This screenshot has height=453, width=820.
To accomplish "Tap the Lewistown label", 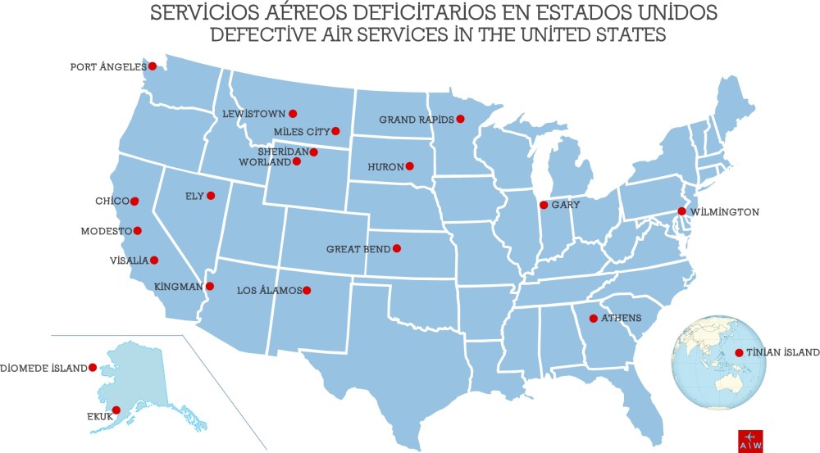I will point(253,114).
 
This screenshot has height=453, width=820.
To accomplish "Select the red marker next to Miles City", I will point(335,130).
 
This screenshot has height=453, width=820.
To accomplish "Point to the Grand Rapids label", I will point(416,120).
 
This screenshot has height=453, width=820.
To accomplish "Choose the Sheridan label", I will point(282,152).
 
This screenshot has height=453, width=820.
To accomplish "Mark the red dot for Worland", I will point(297,161).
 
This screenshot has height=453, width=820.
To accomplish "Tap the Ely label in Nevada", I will point(194,196).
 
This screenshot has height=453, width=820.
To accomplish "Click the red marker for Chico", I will point(134,201).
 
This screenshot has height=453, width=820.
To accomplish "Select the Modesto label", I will point(106,231).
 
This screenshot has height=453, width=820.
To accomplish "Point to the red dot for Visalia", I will point(154,260).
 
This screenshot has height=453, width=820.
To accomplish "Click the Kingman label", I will point(179,287).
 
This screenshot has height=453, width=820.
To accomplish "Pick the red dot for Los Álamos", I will point(307,290).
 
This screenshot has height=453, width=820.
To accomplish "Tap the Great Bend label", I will point(358,248).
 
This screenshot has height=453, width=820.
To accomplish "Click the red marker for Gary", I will point(543,205).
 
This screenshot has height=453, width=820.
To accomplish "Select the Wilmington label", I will point(725,211).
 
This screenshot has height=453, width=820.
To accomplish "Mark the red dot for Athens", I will point(593,318).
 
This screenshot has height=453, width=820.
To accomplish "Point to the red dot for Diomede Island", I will point(93,368).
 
